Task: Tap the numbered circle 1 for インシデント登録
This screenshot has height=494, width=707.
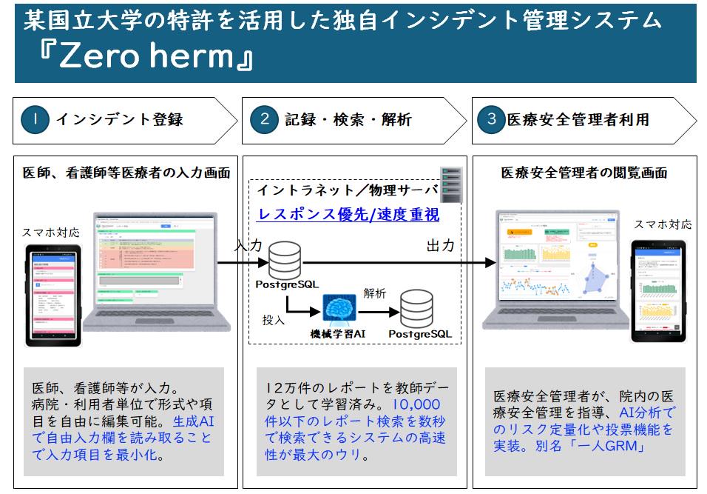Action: pos(35,119)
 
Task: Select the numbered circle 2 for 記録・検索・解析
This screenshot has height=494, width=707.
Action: pos(264,119)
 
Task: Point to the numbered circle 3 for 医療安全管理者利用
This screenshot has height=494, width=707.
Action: pos(491,119)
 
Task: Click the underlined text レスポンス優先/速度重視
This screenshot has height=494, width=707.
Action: pos(348,215)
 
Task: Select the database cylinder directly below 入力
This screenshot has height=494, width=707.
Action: pos(285,258)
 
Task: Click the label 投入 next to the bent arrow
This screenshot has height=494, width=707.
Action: pos(273,320)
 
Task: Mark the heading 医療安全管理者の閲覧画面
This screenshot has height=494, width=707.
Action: pos(583,173)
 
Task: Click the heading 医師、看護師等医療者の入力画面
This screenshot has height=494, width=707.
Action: pos(125,173)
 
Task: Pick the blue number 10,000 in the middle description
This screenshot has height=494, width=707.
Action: pos(416,404)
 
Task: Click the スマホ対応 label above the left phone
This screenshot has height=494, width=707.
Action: pos(51,232)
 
